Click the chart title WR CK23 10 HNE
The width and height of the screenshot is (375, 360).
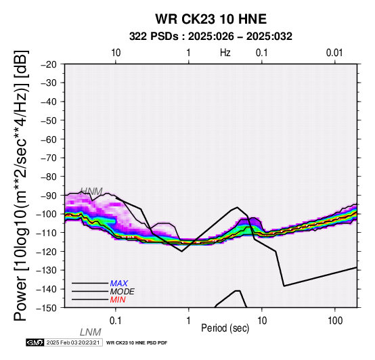(x=211, y=19)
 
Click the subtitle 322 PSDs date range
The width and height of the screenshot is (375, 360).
(x=211, y=37)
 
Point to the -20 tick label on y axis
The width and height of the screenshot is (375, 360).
(x=49, y=64)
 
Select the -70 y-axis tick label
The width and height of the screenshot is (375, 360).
(x=49, y=158)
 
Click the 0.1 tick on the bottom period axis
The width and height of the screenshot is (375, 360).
(x=115, y=321)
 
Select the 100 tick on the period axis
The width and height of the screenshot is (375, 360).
(x=335, y=321)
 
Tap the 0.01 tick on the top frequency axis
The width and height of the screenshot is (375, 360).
(x=334, y=53)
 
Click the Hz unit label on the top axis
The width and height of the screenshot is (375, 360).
(x=225, y=53)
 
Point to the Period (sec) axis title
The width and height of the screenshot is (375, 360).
(x=225, y=328)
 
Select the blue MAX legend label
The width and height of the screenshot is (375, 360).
(x=119, y=284)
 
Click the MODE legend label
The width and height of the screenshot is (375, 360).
(x=123, y=292)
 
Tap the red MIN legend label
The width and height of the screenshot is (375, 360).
(x=118, y=300)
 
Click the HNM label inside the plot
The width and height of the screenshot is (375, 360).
(x=91, y=192)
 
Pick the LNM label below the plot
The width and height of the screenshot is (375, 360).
(x=91, y=332)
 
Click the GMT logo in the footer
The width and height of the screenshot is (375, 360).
(x=35, y=342)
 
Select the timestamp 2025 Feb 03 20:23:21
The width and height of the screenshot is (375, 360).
(x=73, y=342)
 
